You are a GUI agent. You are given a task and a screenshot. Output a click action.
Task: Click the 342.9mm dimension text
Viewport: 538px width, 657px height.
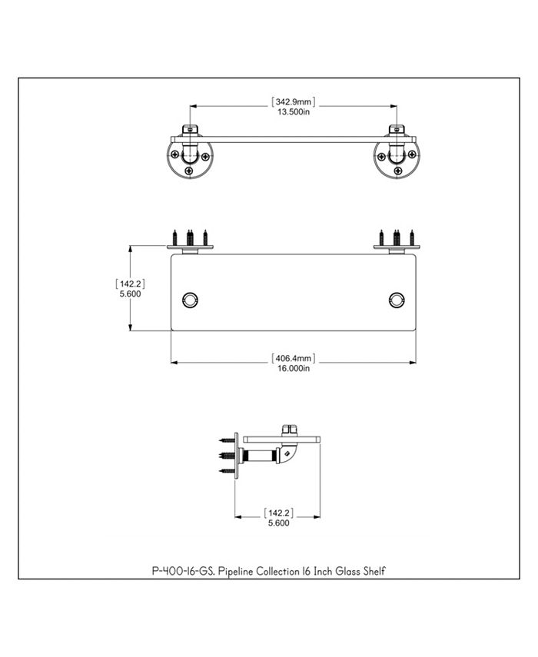pyautogui.click(x=294, y=102)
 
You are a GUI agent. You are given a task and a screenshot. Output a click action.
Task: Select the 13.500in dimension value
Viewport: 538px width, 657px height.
pyautogui.click(x=294, y=112)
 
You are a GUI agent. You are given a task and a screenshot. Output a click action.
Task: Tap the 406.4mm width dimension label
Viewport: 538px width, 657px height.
pyautogui.click(x=294, y=358)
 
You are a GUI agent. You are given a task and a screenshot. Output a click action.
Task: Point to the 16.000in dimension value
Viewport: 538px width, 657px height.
pyautogui.click(x=294, y=368)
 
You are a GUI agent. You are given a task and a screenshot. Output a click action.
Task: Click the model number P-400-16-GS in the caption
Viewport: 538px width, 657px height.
pyautogui.click(x=183, y=571)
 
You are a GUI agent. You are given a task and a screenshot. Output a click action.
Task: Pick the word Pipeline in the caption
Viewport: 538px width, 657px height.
pyautogui.click(x=236, y=571)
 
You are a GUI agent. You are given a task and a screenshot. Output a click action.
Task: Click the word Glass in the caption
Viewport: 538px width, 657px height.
pyautogui.click(x=347, y=571)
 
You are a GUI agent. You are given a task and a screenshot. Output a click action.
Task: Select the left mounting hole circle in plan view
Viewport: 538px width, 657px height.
pyautogui.click(x=190, y=300)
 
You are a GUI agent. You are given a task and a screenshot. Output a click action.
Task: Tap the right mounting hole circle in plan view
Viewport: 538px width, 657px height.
pyautogui.click(x=397, y=300)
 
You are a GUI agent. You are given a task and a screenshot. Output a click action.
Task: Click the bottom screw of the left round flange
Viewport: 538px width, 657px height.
pyautogui.click(x=189, y=171)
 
